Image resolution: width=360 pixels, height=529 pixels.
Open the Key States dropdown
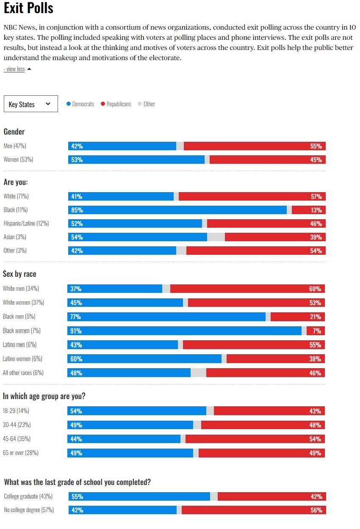pyautogui.click(x=30, y=104)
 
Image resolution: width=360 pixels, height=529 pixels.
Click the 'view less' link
pyautogui.click(x=14, y=69)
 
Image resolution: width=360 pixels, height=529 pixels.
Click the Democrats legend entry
pyautogui.click(x=80, y=104)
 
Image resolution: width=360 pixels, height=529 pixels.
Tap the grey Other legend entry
pyautogui.click(x=147, y=104)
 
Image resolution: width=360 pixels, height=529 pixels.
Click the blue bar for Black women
pyautogui.click(x=184, y=331)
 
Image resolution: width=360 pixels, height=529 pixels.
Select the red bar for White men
pyautogui.click(x=247, y=289)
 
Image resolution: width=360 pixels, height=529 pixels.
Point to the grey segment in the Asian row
pyautogui.click(x=216, y=237)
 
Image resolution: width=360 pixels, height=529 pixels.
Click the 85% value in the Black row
pyautogui.click(x=77, y=210)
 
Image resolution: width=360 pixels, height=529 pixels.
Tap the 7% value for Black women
pyautogui.click(x=317, y=331)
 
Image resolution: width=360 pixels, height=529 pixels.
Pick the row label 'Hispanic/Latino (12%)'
pyautogui.click(x=26, y=223)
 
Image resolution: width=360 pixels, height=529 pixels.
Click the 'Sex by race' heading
pyautogui.click(x=19, y=274)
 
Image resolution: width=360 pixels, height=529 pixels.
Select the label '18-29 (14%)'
pyautogui.click(x=16, y=411)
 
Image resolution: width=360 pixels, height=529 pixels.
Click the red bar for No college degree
pyautogui.click(x=254, y=510)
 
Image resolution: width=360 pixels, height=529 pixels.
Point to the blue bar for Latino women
pyautogui.click(x=144, y=358)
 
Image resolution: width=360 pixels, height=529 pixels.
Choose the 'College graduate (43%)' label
pyautogui.click(x=28, y=496)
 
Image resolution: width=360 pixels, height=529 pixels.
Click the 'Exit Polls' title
pyautogui.click(x=28, y=8)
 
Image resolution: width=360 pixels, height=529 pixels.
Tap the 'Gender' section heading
pyautogui.click(x=14, y=132)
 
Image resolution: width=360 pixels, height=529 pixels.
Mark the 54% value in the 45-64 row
pyautogui.click(x=315, y=439)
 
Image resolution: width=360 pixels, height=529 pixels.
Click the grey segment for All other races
pyautogui.click(x=198, y=372)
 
